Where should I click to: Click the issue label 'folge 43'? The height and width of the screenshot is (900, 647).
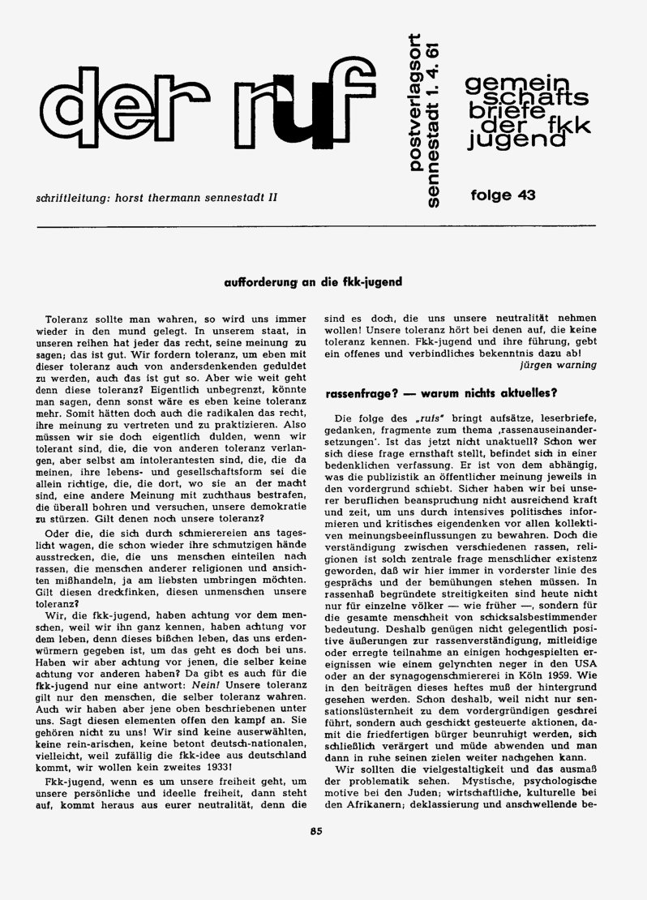pyautogui.click(x=503, y=195)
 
